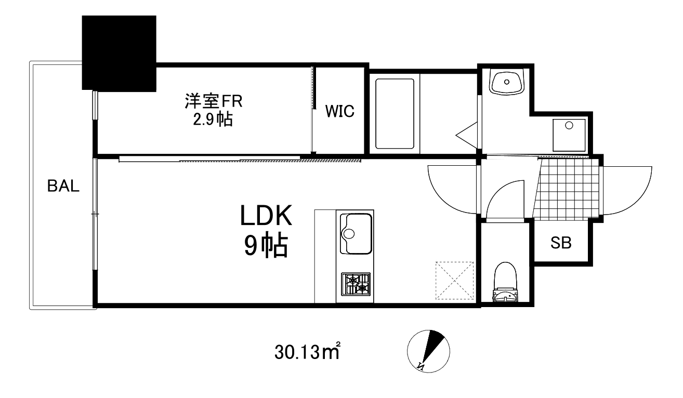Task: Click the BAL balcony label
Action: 63,186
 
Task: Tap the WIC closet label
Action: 340,111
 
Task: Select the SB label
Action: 561,243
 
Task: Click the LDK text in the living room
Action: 266,216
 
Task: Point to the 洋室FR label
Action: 214,100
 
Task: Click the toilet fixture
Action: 505,283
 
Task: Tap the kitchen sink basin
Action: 356,233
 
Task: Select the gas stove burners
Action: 356,284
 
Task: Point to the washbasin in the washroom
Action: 506,82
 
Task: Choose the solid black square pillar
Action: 119,52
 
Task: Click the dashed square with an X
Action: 455,281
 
